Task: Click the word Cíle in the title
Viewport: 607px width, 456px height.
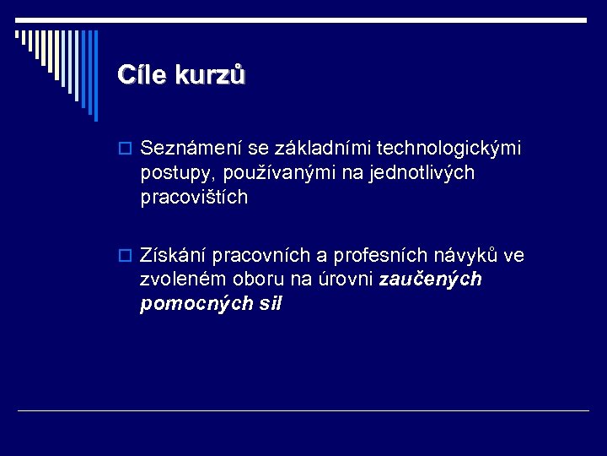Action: click(142, 75)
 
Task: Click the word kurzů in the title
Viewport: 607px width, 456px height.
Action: click(210, 75)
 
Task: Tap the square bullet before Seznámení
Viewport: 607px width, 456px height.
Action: click(125, 149)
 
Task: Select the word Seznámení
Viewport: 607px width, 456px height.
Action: click(191, 149)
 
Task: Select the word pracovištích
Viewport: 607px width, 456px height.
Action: click(195, 198)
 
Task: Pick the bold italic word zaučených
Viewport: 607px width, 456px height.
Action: click(431, 279)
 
